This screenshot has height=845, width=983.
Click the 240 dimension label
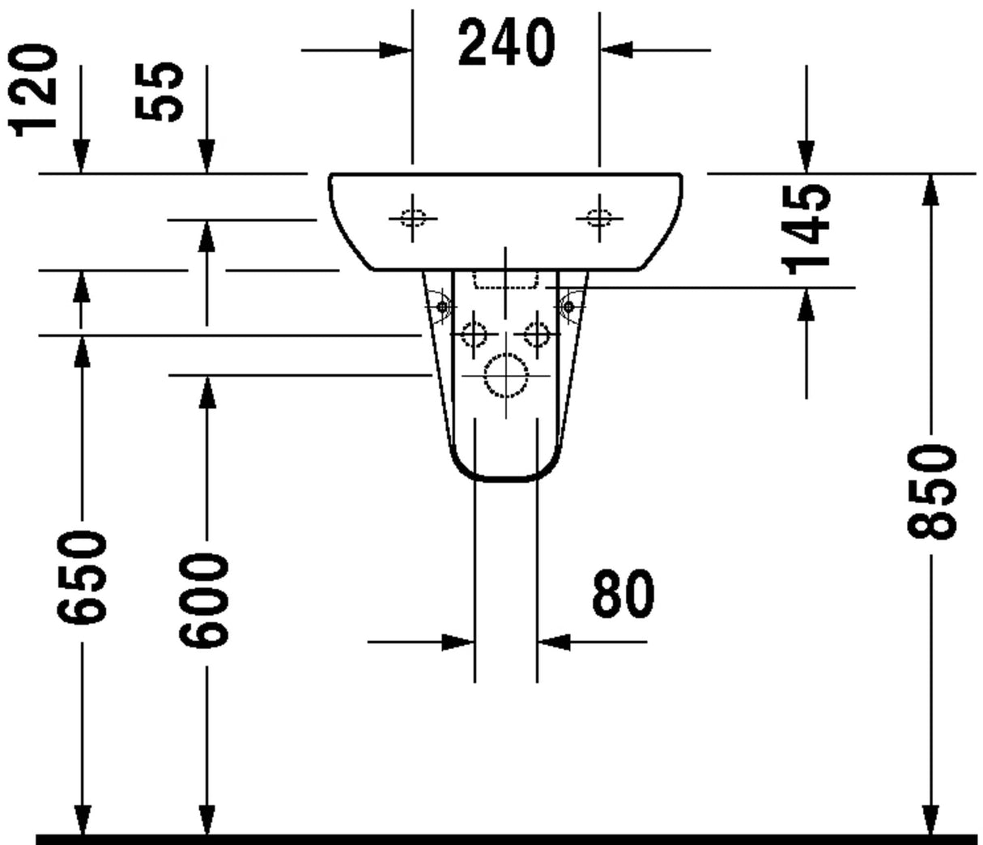[x=507, y=42]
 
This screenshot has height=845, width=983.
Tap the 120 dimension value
[x=33, y=92]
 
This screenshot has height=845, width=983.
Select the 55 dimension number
[x=159, y=92]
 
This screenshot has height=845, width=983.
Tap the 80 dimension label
[x=623, y=594]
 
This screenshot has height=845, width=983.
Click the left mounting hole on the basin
[x=412, y=219]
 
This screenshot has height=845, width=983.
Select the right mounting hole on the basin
[x=599, y=219]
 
